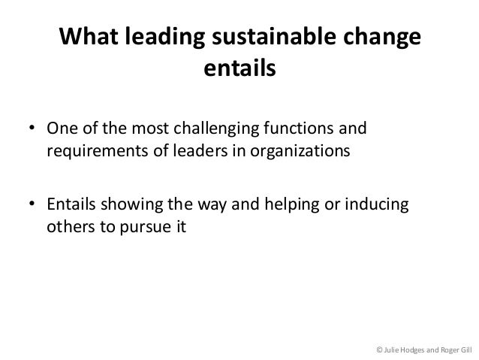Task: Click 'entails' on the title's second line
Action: pyautogui.click(x=239, y=71)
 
